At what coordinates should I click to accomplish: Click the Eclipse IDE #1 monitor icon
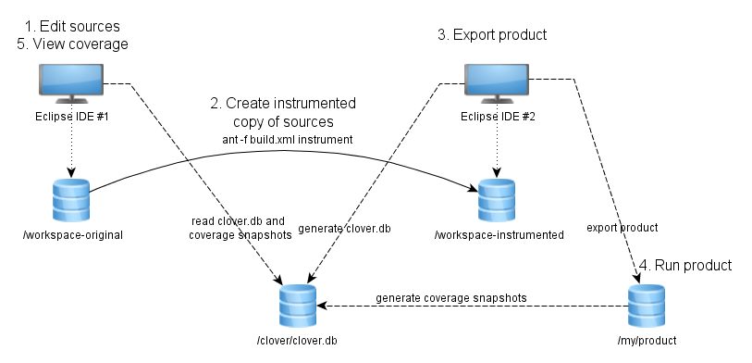pyautogui.click(x=72, y=83)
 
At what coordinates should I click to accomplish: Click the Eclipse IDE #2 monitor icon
pyautogui.click(x=497, y=83)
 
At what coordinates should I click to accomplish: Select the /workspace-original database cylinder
pyautogui.click(x=72, y=200)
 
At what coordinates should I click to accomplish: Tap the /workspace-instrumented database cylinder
pyautogui.click(x=497, y=200)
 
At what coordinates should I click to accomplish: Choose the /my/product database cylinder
pyautogui.click(x=647, y=306)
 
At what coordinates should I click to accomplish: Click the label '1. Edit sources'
pyautogui.click(x=72, y=25)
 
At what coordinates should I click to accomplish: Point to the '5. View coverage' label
pyautogui.click(x=72, y=44)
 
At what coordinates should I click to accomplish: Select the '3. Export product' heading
pyautogui.click(x=492, y=35)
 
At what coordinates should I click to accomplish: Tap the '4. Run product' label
pyautogui.click(x=685, y=265)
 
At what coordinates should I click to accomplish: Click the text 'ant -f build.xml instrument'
pyautogui.click(x=285, y=140)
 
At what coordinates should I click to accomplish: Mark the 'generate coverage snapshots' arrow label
pyautogui.click(x=451, y=298)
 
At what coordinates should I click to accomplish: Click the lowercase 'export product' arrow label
pyautogui.click(x=623, y=227)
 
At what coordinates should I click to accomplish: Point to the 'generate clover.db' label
pyautogui.click(x=344, y=229)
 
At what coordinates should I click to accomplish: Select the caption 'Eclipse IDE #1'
pyautogui.click(x=72, y=116)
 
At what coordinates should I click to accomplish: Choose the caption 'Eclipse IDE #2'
pyautogui.click(x=498, y=117)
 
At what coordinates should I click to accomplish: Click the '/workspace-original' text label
pyautogui.click(x=72, y=235)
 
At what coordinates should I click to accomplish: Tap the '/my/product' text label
pyautogui.click(x=647, y=341)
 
